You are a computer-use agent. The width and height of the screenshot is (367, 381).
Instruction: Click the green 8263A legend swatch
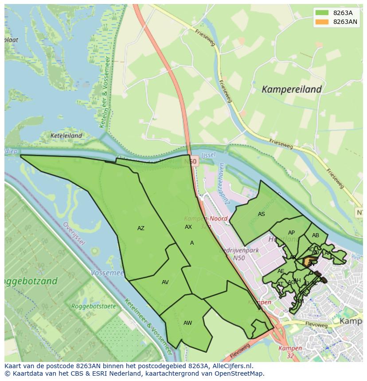coord(322,13)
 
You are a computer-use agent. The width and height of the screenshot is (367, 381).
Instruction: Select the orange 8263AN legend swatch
coord(322,22)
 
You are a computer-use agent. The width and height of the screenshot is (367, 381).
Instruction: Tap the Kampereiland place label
coord(291,89)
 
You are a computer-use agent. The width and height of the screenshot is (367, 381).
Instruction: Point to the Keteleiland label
coord(66,136)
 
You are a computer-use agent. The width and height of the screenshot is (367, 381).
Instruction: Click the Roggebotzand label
coord(31,281)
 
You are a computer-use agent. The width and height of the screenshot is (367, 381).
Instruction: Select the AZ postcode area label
coord(141,228)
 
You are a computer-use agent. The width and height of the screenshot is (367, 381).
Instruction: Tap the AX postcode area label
coord(188,227)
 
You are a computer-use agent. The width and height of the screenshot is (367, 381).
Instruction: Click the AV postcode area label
coord(165,282)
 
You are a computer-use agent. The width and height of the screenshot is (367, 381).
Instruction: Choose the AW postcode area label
coord(187,323)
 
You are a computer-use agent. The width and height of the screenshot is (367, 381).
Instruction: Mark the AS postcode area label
coord(261,214)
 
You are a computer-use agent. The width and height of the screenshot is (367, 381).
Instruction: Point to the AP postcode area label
coord(291,233)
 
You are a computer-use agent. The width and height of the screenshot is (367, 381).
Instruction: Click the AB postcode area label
coord(315,235)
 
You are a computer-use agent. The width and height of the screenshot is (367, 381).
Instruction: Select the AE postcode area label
coord(281,271)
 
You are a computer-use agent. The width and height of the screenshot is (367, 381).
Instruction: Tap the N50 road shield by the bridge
coord(192,162)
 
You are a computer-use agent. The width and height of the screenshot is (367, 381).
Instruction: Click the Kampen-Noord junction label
coord(206,219)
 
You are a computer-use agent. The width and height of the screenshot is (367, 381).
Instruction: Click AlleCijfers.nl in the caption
coord(231,366)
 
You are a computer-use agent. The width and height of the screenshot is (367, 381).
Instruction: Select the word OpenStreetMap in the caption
coord(240,373)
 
